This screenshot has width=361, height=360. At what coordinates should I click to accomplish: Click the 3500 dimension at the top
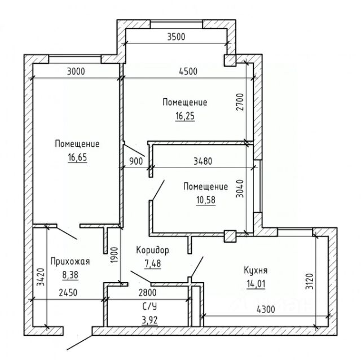[177, 37]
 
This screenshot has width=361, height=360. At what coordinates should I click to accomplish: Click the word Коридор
[152, 249]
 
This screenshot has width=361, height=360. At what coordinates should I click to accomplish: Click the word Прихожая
[70, 262]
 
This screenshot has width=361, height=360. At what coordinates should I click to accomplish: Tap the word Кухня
[256, 269]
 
